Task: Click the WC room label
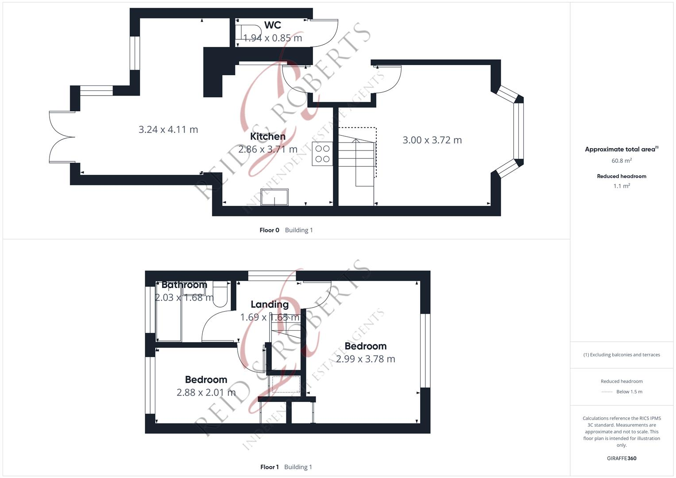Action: pyautogui.click(x=272, y=25)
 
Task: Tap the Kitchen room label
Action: pyautogui.click(x=267, y=136)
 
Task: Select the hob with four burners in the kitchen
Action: pyautogui.click(x=322, y=154)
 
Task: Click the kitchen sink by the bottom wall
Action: pyautogui.click(x=274, y=197)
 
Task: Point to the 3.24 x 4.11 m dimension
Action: pyautogui.click(x=168, y=130)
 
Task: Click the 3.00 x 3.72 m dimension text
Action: pyautogui.click(x=432, y=140)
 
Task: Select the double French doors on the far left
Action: pyautogui.click(x=61, y=137)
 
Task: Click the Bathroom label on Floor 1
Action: pyautogui.click(x=184, y=285)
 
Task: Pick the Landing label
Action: pyautogui.click(x=269, y=305)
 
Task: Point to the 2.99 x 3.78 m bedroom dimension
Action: pyautogui.click(x=365, y=359)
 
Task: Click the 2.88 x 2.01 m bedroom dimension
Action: pyautogui.click(x=206, y=393)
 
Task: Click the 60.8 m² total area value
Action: pyautogui.click(x=622, y=161)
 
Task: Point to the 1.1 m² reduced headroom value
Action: pyautogui.click(x=622, y=186)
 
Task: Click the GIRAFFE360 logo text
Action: pyautogui.click(x=622, y=459)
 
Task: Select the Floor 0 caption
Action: pyautogui.click(x=269, y=230)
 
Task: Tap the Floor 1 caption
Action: pyautogui.click(x=269, y=467)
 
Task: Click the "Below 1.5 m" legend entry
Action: pyautogui.click(x=629, y=392)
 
